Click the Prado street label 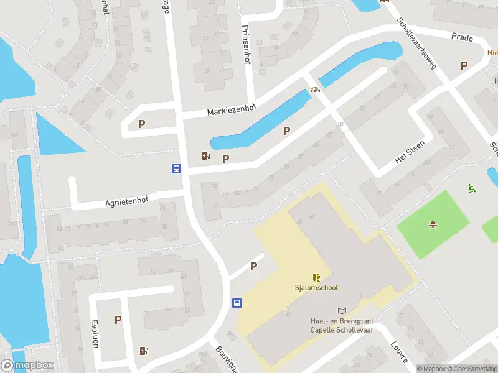pyautogui.click(x=463, y=36)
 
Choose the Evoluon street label pyautogui.click(x=95, y=333)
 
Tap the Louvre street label pyautogui.click(x=399, y=352)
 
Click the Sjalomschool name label pyautogui.click(x=316, y=287)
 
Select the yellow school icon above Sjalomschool pyautogui.click(x=316, y=277)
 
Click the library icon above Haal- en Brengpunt pyautogui.click(x=341, y=311)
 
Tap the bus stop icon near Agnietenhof pyautogui.click(x=176, y=168)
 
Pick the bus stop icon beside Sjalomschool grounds pyautogui.click(x=237, y=303)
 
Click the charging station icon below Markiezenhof pyautogui.click(x=205, y=156)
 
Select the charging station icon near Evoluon pyautogui.click(x=144, y=351)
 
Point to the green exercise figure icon pyautogui.click(x=471, y=188)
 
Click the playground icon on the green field pyautogui.click(x=431, y=224)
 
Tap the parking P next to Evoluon pyautogui.click(x=118, y=320)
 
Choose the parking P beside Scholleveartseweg pyautogui.click(x=463, y=65)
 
